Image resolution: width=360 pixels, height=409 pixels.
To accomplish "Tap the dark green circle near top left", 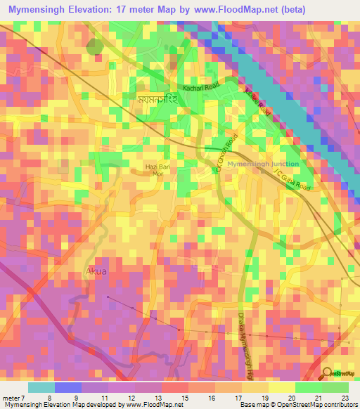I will (x=94, y=46).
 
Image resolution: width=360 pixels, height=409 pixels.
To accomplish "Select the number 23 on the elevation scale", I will (x=345, y=398).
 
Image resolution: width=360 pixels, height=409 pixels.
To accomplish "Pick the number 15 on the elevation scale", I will (x=181, y=398).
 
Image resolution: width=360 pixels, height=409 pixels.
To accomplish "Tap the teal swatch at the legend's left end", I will (x=41, y=387).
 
